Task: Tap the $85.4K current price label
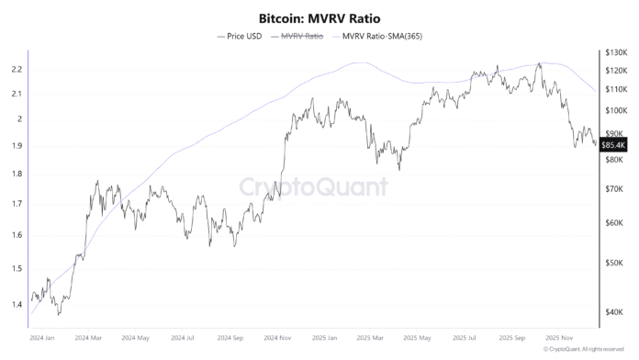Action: pyautogui.click(x=612, y=144)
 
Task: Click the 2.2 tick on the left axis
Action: pyautogui.click(x=17, y=70)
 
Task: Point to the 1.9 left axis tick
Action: pyautogui.click(x=17, y=146)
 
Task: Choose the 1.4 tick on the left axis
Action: pyautogui.click(x=17, y=302)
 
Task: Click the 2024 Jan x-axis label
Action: pyautogui.click(x=42, y=337)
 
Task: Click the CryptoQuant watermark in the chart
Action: pyautogui.click(x=313, y=187)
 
